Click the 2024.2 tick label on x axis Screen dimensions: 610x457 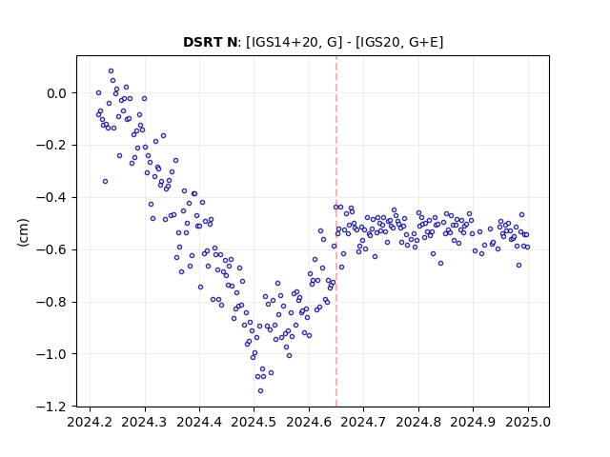tap(90, 422)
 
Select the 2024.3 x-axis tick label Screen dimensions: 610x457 tap(145, 422)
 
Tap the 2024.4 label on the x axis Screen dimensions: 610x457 tap(199, 422)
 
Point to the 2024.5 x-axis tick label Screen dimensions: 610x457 tap(254, 422)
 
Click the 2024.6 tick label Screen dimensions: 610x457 tap(309, 422)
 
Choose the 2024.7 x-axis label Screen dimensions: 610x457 tap(363, 422)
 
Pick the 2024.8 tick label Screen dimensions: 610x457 tap(418, 422)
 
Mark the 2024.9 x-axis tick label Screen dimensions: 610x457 tap(473, 422)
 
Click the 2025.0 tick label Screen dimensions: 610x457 tap(528, 422)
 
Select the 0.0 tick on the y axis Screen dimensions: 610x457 tap(57, 93)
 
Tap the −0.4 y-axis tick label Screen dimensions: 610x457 tap(51, 198)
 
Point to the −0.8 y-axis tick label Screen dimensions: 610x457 tap(51, 302)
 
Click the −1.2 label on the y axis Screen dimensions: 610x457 tap(51, 407)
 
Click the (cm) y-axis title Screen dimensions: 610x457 tap(23, 232)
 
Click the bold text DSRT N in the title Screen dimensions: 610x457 tap(210, 42)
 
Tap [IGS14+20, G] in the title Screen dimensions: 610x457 tap(295, 42)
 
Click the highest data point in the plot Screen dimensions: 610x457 tap(111, 71)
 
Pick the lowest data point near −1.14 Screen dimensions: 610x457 tap(260, 391)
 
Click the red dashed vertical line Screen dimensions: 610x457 tap(336, 231)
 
